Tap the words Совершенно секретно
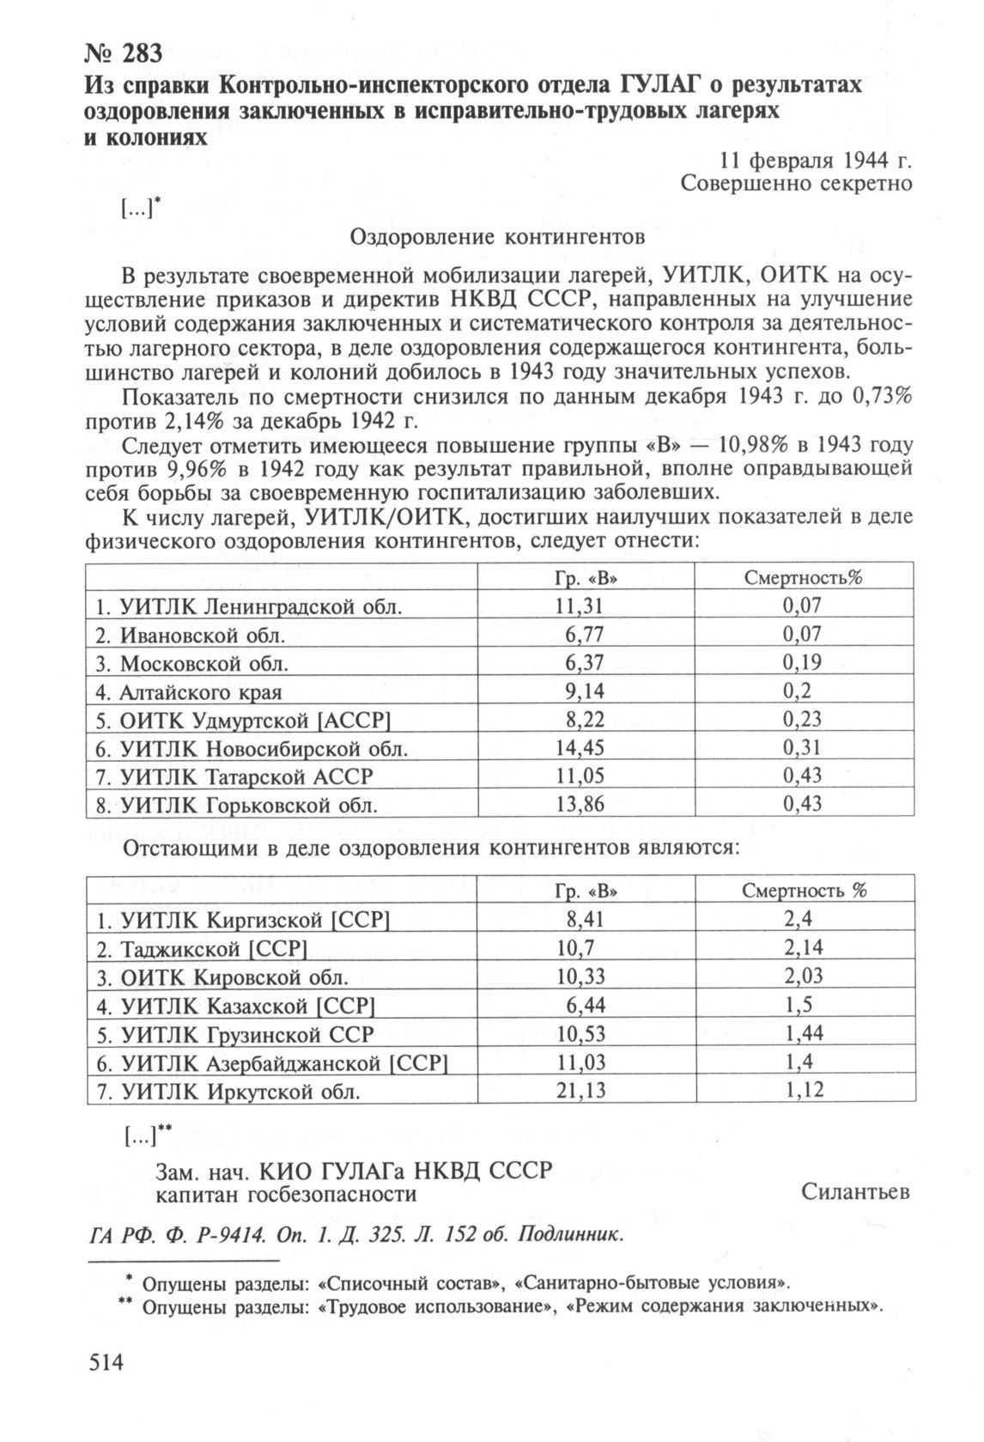(796, 184)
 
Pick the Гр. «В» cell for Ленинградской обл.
(580, 606)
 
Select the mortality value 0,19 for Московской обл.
(802, 663)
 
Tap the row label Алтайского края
(212, 691)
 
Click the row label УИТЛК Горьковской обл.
(236, 805)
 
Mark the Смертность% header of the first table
(802, 578)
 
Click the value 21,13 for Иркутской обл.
(581, 1091)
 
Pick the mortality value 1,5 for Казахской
(799, 1005)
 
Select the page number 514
(106, 1363)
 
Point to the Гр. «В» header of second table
(581, 891)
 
